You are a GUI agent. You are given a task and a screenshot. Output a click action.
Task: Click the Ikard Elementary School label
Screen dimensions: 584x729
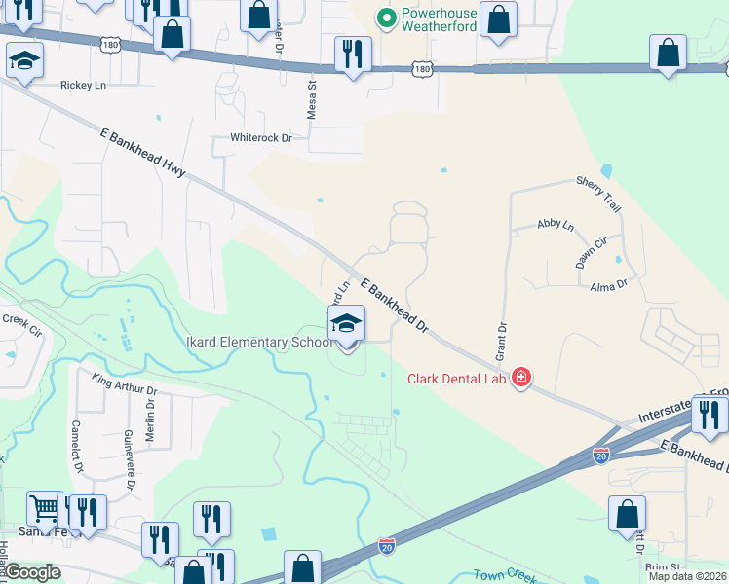point(254,343)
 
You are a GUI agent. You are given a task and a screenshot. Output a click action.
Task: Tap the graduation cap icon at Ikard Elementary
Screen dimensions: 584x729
point(346,324)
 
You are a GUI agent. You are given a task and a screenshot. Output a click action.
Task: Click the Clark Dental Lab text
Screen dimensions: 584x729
point(457,379)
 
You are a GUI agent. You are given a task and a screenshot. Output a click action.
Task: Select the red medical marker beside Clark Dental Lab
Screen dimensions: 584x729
point(521,378)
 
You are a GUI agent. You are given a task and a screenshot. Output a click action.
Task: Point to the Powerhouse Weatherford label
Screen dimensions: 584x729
point(439,18)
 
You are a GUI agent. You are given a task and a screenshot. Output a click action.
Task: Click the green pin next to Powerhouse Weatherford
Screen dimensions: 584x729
point(386,17)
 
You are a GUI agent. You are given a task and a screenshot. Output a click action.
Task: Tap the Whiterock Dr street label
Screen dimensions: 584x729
point(260,138)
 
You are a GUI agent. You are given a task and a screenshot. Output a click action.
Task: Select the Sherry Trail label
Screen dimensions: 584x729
point(598,195)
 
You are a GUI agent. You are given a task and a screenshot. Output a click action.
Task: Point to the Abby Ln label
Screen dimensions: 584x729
point(556,225)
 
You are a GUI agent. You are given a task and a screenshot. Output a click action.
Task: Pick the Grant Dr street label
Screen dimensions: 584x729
point(503,340)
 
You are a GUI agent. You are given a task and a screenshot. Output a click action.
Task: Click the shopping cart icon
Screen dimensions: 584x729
point(44,507)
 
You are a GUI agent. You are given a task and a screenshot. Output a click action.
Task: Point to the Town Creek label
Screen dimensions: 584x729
point(502,575)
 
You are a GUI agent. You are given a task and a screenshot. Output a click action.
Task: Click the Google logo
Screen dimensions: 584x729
point(33,572)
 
